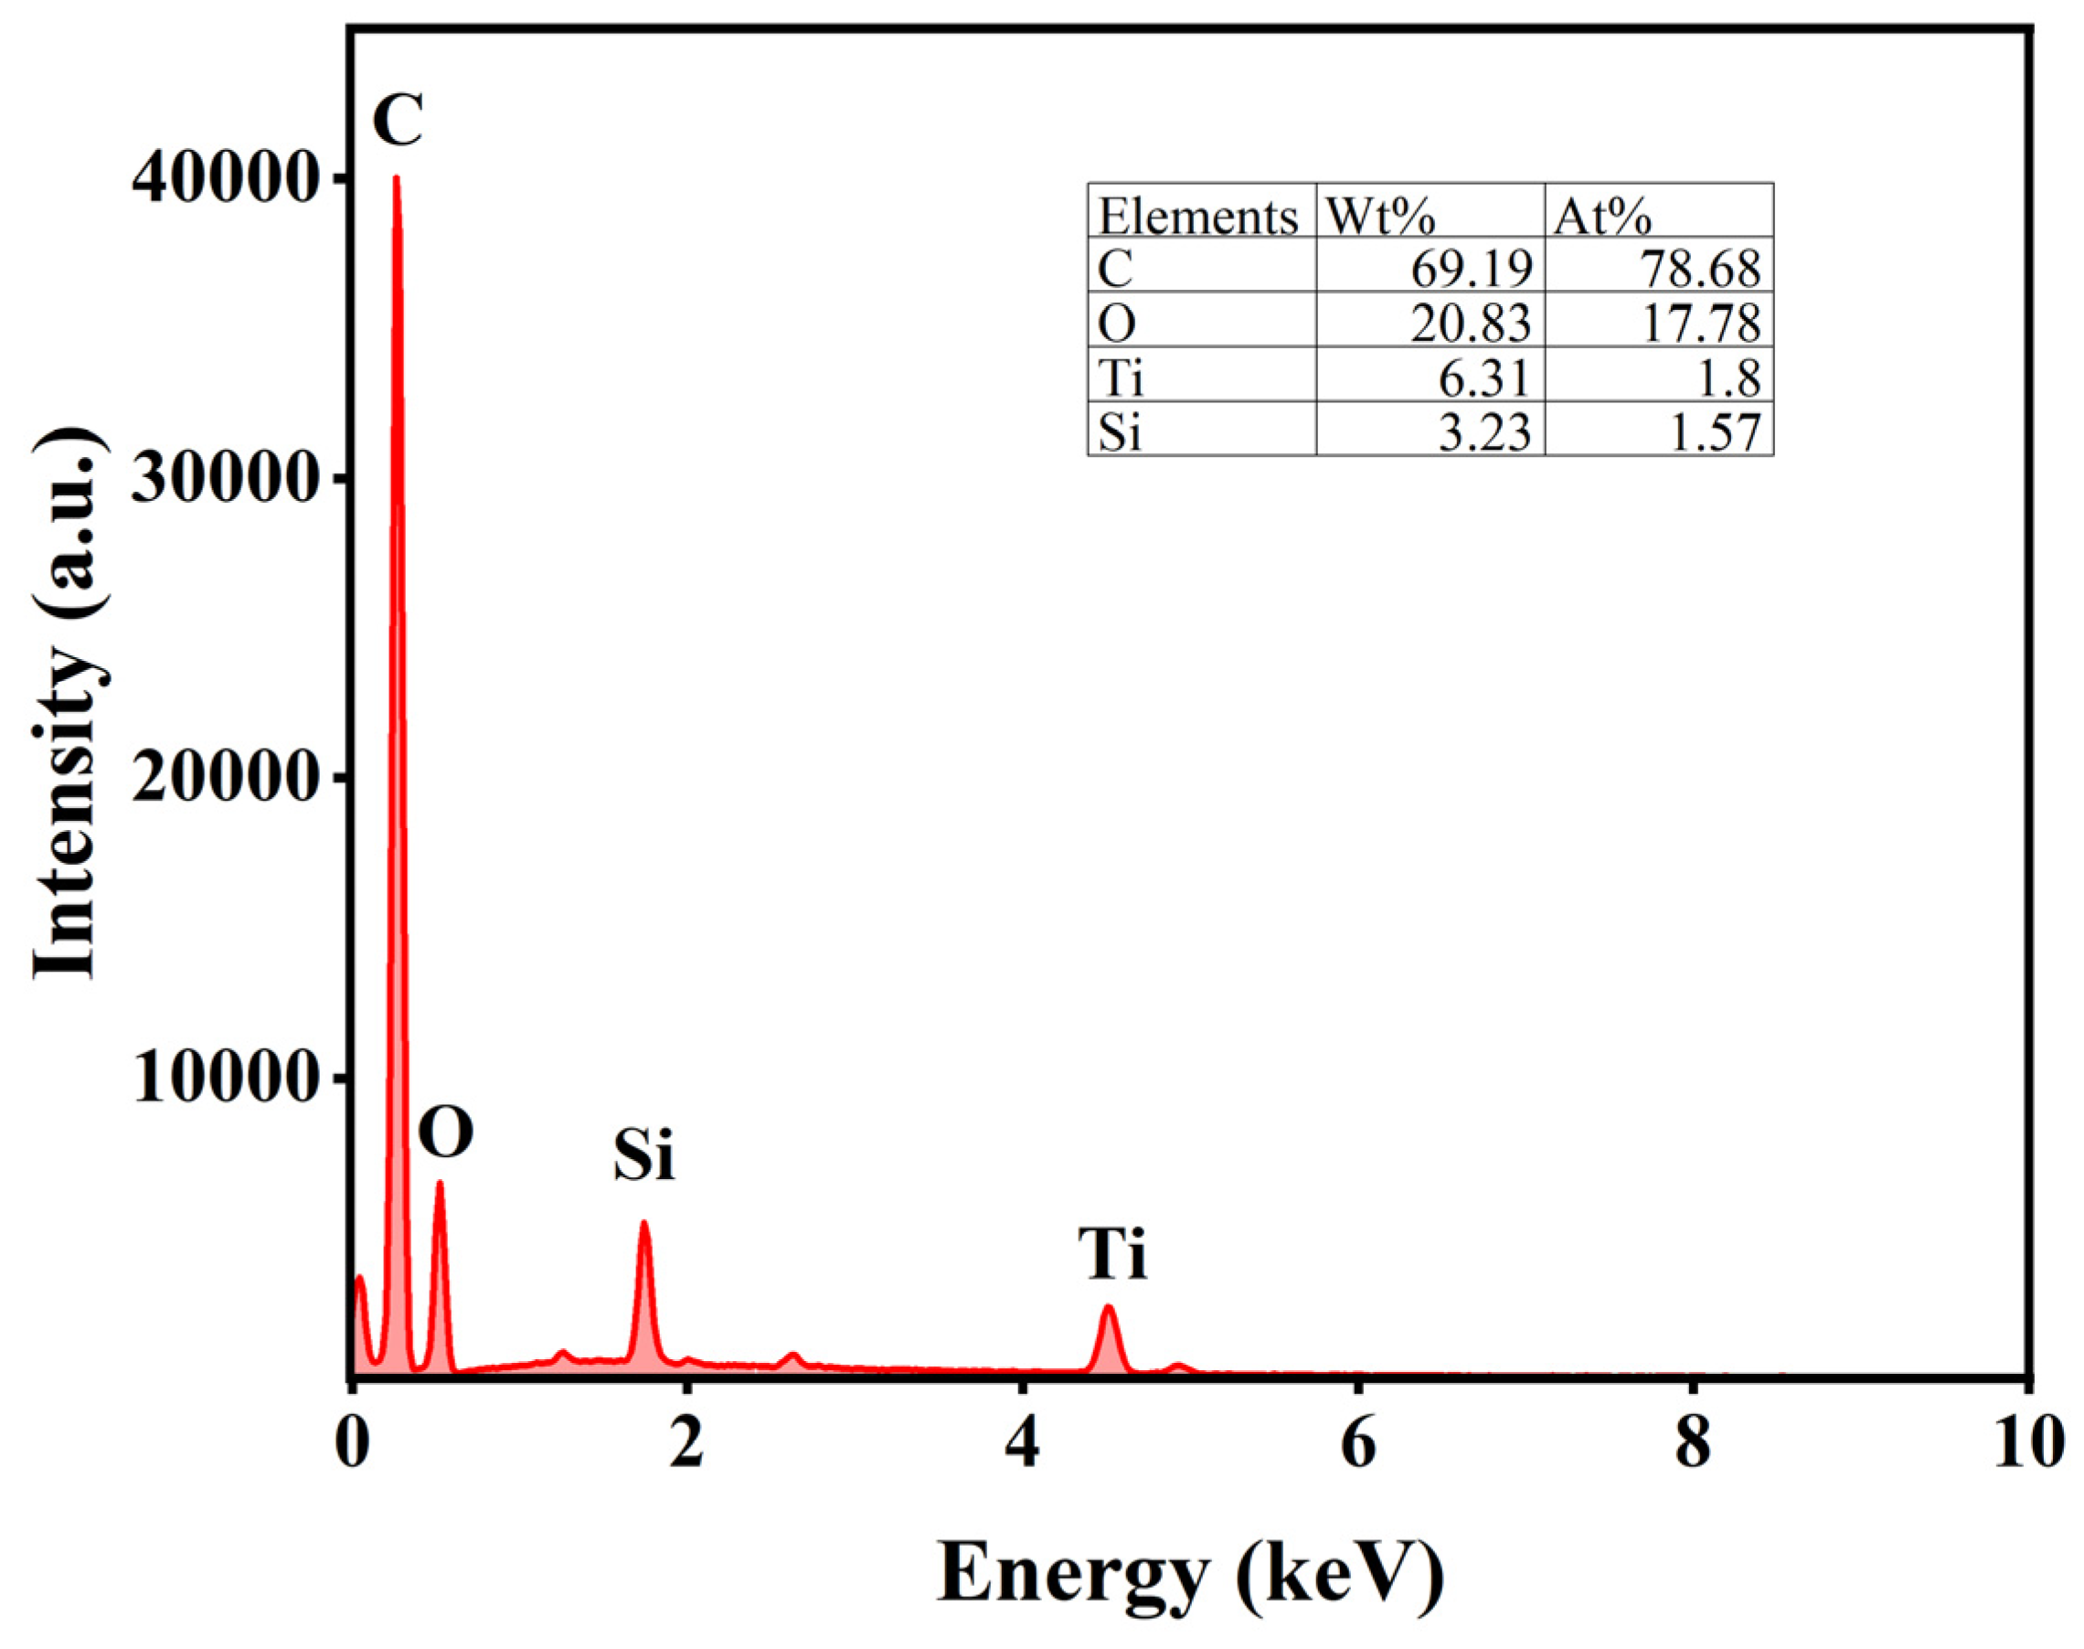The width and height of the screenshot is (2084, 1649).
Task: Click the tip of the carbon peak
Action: pos(396,178)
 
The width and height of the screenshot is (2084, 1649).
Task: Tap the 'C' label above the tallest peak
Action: pos(398,120)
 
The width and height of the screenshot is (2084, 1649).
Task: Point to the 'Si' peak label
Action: pos(643,1154)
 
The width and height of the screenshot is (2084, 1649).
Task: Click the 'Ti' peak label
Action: pos(1113,1255)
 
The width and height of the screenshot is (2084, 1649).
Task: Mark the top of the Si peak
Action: pos(643,1224)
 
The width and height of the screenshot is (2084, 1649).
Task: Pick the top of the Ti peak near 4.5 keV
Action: pos(1108,1308)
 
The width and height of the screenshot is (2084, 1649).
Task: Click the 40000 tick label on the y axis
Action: pos(225,179)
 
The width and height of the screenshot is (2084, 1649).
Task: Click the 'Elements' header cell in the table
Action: pos(1199,217)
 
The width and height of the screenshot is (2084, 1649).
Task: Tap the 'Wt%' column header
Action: pos(1380,217)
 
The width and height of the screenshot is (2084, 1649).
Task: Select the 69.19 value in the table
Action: pos(1471,270)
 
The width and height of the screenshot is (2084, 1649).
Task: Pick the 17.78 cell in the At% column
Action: pos(1701,324)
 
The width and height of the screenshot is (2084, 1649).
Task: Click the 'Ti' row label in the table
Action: pos(1121,378)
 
